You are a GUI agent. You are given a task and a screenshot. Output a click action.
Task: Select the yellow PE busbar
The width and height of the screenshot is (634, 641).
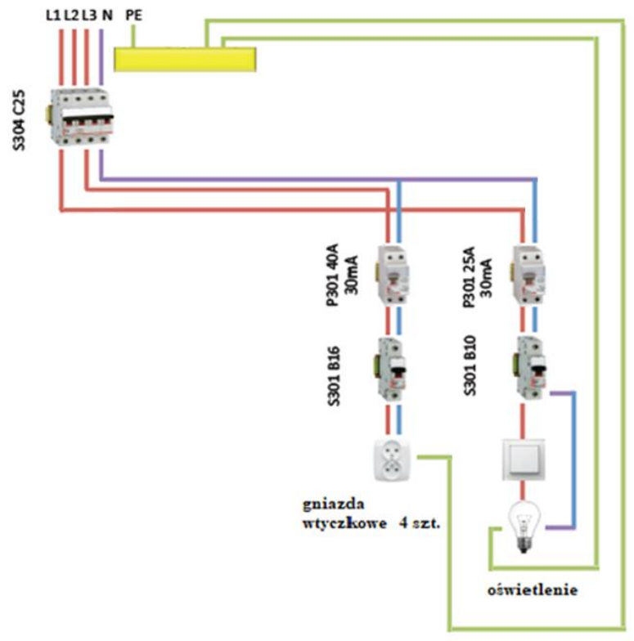(x=184, y=59)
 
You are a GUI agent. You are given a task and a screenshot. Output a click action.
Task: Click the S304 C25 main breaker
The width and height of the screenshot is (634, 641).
(x=81, y=118)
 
